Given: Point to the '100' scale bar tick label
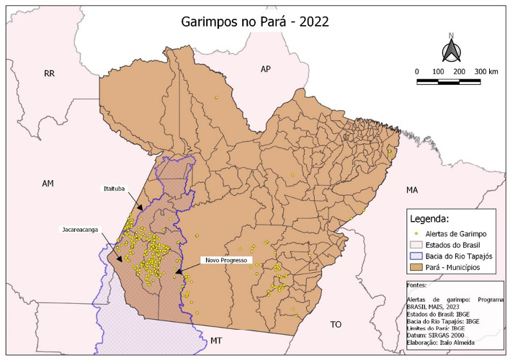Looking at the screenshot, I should tap(437, 72).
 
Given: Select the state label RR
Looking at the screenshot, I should tap(49, 73).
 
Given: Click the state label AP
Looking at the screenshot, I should tap(265, 68).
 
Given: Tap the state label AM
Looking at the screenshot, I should tap(48, 184).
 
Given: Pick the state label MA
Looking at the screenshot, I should tap(412, 190).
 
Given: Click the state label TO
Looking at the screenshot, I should tap(336, 325).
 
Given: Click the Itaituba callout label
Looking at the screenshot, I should tap(113, 189).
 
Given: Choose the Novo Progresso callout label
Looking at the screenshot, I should tap(226, 260).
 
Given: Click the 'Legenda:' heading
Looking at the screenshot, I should tap(429, 218).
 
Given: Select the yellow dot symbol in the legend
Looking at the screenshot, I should tap(419, 234).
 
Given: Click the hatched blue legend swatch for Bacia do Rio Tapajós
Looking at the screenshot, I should tap(419, 256).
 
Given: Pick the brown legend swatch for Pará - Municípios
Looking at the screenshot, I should tap(419, 268).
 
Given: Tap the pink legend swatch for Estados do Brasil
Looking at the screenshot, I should tap(419, 245).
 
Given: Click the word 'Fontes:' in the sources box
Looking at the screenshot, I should tap(417, 286).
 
